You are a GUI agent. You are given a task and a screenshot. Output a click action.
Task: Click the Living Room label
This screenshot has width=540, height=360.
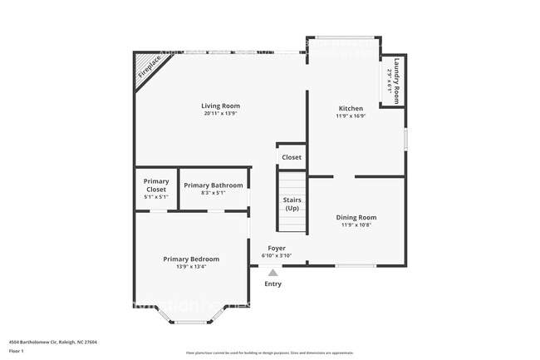click(220, 106)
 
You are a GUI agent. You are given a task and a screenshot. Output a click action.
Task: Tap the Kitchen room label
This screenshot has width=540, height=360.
click(351, 109)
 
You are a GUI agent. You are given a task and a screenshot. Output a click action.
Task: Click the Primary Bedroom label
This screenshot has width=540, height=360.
click(191, 259)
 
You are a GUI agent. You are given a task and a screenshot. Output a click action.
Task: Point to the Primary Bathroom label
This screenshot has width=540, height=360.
click(214, 185)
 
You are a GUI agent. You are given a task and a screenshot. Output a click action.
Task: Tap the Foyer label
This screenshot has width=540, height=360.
click(277, 248)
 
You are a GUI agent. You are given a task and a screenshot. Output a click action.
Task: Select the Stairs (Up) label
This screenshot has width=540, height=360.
click(292, 204)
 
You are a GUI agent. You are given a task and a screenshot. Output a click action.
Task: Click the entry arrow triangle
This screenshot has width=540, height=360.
click(272, 272)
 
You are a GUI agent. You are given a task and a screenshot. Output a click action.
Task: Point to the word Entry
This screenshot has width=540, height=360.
click(272, 284)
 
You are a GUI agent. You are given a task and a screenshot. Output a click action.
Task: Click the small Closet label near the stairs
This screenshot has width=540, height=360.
click(292, 157)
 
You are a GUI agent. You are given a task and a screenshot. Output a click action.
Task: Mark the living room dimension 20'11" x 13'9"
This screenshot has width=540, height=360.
click(220, 114)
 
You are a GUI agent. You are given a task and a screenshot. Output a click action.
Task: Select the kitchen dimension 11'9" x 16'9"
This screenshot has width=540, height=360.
click(351, 117)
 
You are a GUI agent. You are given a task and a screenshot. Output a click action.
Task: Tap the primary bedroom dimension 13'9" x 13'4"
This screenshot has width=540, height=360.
click(191, 267)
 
